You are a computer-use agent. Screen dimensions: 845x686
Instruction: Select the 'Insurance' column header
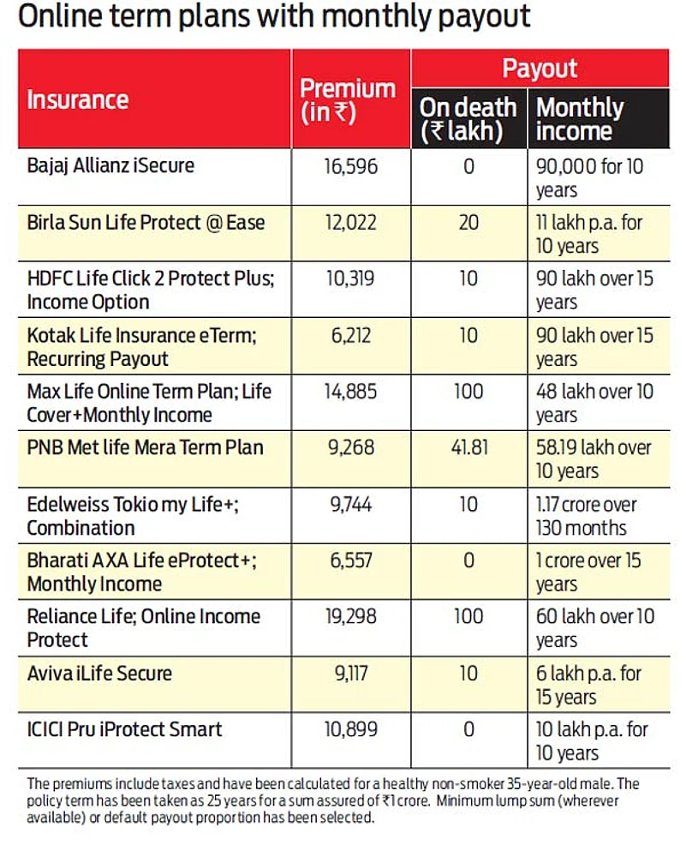pyautogui.click(x=78, y=99)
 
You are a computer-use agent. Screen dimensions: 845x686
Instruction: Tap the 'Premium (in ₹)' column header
pyautogui.click(x=348, y=100)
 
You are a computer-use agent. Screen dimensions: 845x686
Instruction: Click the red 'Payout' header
pyautogui.click(x=540, y=69)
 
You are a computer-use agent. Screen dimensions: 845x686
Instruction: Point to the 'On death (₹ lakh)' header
pyautogui.click(x=468, y=119)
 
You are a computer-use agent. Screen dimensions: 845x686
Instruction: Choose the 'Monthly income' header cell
pyautogui.click(x=580, y=119)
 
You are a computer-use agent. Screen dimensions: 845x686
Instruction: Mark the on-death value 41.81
pyautogui.click(x=468, y=447)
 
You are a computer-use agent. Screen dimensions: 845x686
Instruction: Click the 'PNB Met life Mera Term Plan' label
pyautogui.click(x=146, y=447)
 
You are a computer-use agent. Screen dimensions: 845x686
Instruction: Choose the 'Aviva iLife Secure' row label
pyautogui.click(x=99, y=674)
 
